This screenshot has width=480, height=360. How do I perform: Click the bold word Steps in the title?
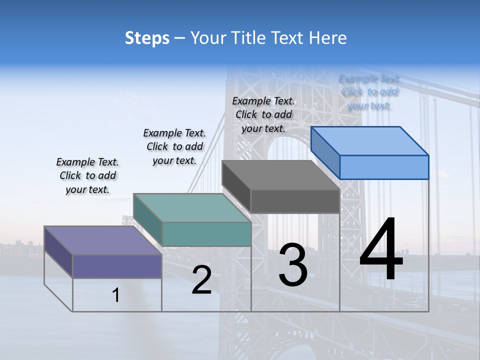point(147,38)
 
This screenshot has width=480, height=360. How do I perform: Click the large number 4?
point(381,250)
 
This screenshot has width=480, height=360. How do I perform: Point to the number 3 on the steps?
point(293,265)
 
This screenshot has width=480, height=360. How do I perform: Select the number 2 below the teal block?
point(201,280)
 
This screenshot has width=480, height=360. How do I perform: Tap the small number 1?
point(116,295)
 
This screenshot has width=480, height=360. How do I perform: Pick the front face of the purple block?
point(117,266)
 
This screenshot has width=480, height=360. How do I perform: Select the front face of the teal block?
point(206,234)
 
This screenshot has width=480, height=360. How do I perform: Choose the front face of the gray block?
point(295,201)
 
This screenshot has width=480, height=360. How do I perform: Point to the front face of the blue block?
point(384,167)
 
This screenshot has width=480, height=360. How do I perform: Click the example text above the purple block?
point(87,175)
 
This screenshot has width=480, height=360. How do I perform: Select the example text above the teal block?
point(174,146)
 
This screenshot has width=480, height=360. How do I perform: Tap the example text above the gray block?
point(263,114)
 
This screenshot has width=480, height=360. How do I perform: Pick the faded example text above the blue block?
point(369,92)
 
